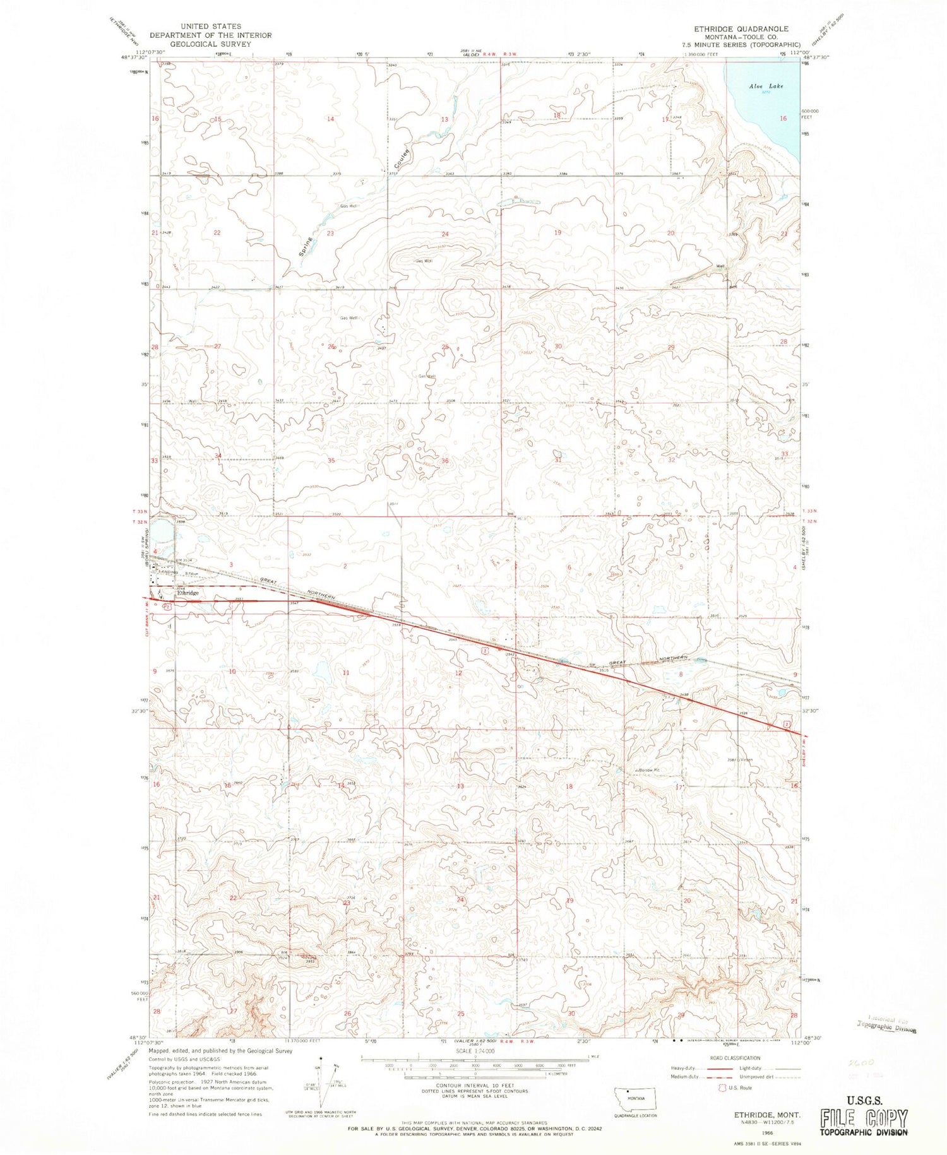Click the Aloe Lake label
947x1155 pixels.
point(766,86)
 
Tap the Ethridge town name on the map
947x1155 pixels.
point(188,593)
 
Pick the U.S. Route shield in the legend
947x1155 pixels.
point(715,1088)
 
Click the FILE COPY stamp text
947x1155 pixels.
point(864,1118)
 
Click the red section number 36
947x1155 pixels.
point(444,461)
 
